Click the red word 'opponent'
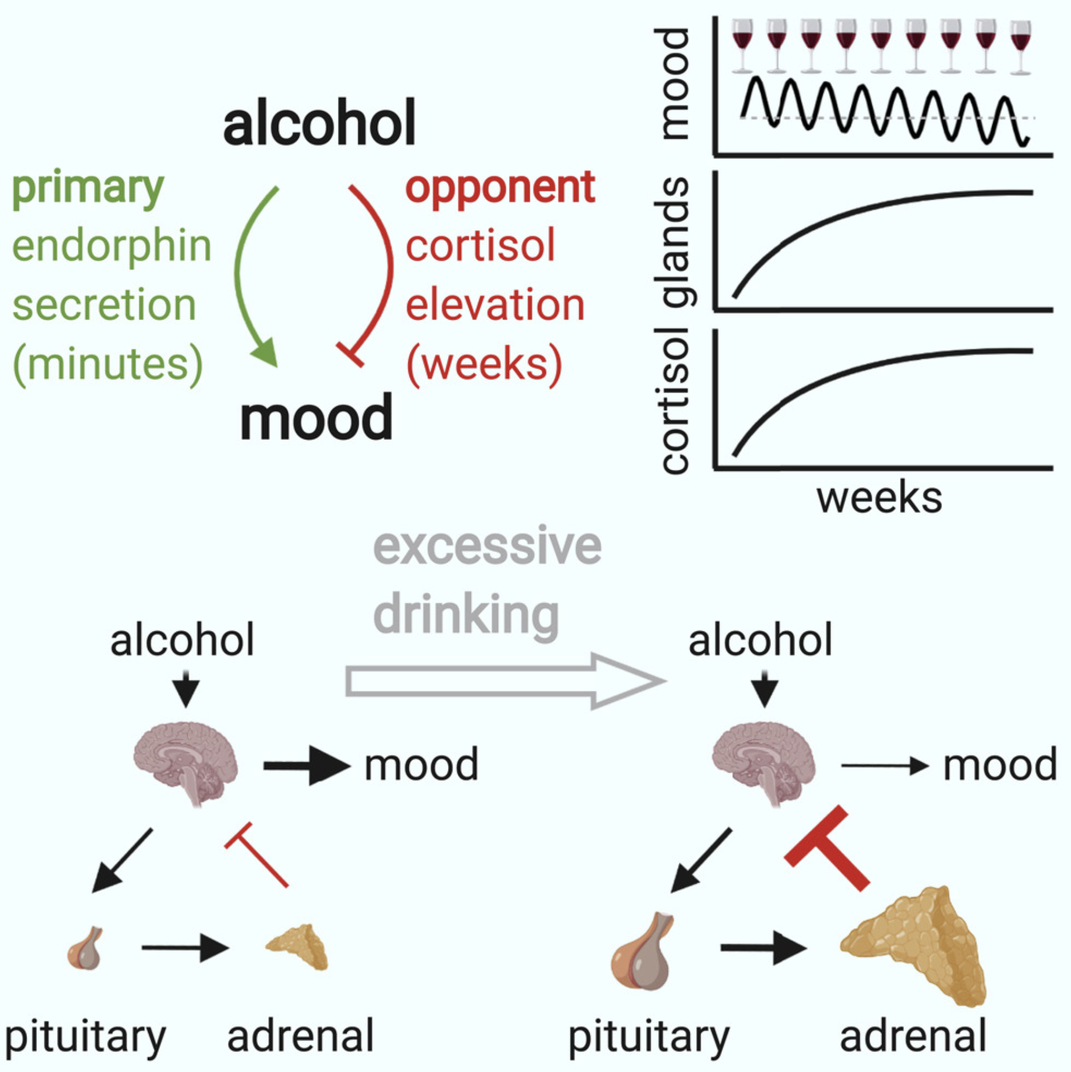[500, 189]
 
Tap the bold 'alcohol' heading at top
[319, 123]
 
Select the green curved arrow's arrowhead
[266, 352]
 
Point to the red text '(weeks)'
[484, 364]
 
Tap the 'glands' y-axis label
[675, 241]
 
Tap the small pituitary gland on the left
[86, 949]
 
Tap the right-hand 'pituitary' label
[648, 1036]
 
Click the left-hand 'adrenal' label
[301, 1035]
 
